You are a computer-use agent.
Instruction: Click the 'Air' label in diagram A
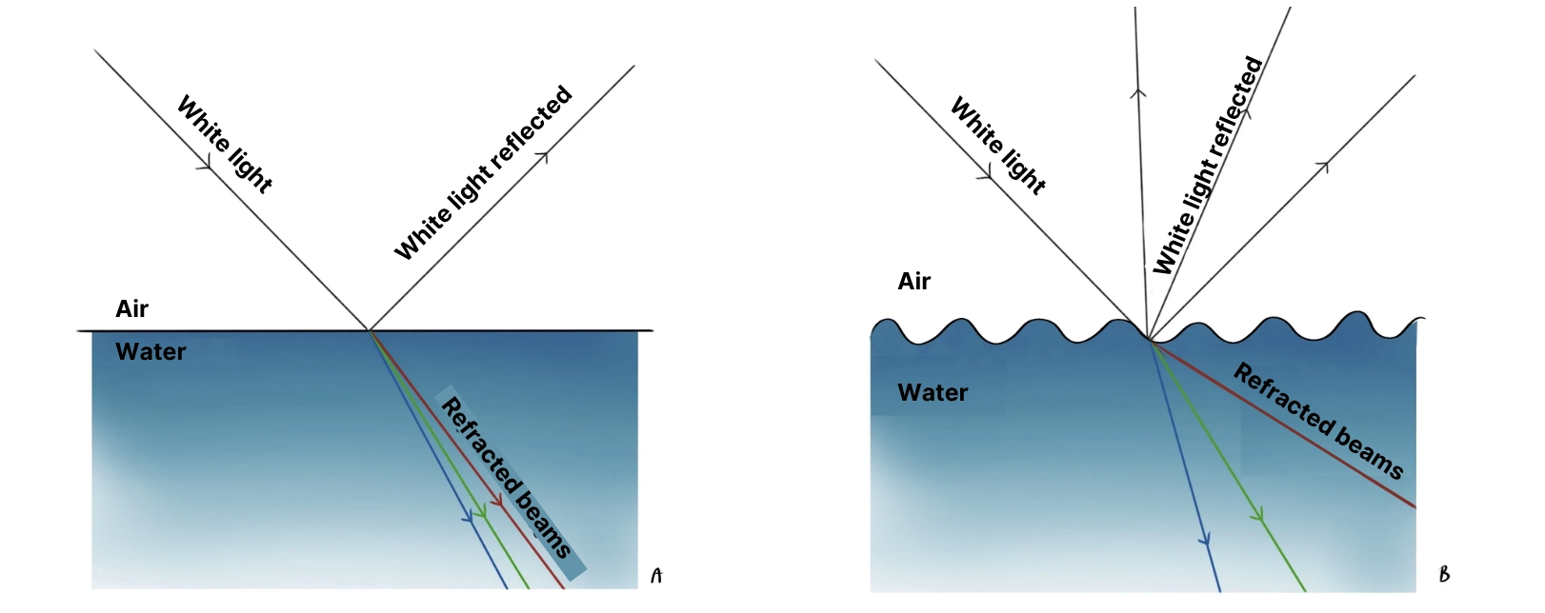point(131,308)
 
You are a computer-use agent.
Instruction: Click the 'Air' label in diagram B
point(913,281)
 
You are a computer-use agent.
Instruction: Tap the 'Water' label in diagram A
point(150,352)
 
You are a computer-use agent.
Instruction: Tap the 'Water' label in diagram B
point(933,392)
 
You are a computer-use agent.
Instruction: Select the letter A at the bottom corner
point(655,576)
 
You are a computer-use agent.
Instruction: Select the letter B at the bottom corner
point(1444,574)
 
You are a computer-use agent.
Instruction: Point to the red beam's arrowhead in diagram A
point(496,499)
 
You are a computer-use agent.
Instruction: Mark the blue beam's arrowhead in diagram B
point(1206,540)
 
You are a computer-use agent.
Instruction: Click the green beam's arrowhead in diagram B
point(1258,516)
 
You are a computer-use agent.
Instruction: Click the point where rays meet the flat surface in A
point(369,330)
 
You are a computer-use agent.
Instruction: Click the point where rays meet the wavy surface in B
point(1149,340)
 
